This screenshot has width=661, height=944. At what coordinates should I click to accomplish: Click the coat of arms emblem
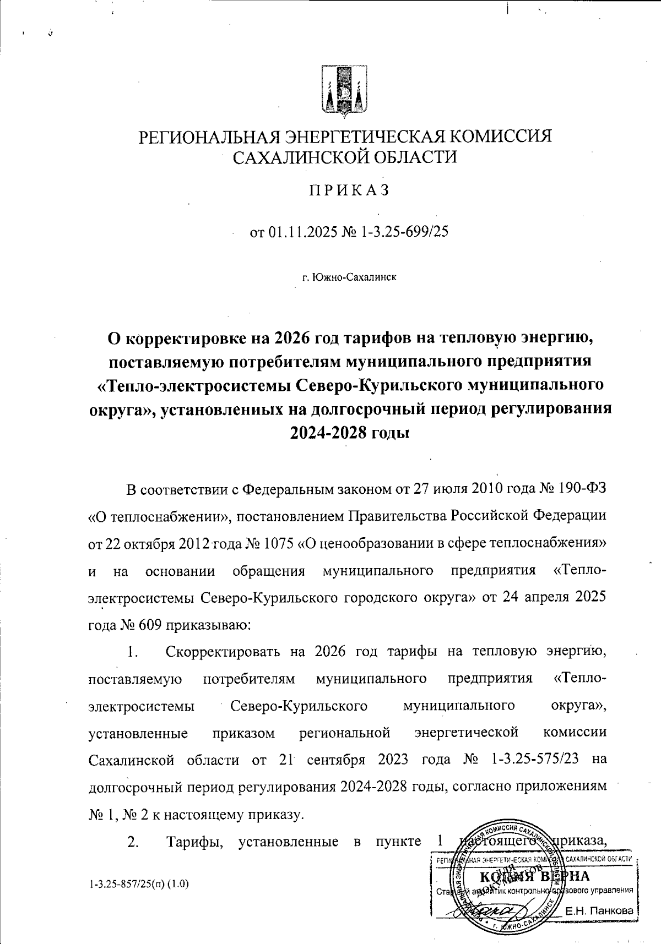coord(344,91)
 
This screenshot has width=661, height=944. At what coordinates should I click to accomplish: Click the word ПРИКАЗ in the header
coord(349,190)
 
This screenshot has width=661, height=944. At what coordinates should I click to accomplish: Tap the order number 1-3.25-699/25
coord(404,232)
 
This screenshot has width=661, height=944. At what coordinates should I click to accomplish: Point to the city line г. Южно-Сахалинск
coord(349,277)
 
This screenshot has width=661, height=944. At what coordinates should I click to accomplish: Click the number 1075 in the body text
coord(279,543)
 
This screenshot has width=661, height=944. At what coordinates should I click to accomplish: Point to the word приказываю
coord(205,625)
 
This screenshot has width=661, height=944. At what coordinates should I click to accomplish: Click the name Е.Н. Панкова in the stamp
coord(599,911)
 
